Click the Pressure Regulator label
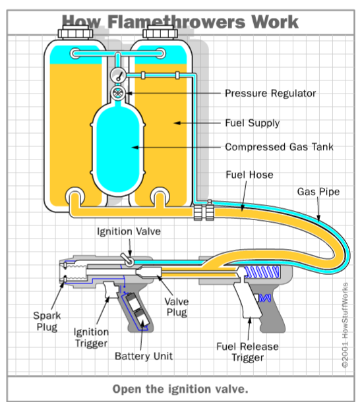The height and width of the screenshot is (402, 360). [x=270, y=94]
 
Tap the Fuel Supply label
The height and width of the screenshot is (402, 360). [x=253, y=123]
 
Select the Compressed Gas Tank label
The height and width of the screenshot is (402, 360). [x=279, y=147]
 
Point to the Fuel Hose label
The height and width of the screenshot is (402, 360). [x=249, y=175]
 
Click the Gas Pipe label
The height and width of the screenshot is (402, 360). [x=318, y=192]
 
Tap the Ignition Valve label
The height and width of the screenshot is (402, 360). [x=129, y=231]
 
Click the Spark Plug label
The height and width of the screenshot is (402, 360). [x=47, y=321]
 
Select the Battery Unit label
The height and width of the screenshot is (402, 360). [x=144, y=356]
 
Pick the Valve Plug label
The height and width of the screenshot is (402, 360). [x=177, y=307]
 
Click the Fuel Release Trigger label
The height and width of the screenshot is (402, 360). [x=248, y=352]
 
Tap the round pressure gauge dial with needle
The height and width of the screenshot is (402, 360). [x=118, y=76]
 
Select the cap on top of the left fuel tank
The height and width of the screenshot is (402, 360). [x=75, y=32]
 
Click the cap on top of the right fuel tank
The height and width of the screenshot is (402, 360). [x=160, y=32]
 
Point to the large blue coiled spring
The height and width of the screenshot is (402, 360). [x=262, y=272]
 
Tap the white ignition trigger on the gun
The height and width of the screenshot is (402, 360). [x=111, y=289]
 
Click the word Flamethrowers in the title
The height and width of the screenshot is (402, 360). [x=177, y=22]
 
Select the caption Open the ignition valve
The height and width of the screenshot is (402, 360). [x=181, y=389]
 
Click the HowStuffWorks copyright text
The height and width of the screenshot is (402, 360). [x=345, y=325]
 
